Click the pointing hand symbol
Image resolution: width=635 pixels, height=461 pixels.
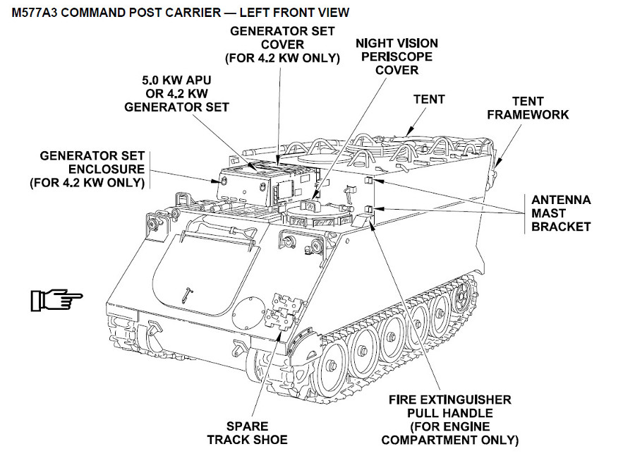coord(56,299)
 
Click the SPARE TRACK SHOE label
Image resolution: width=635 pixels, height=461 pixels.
coord(247,433)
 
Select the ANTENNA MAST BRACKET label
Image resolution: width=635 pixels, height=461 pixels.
coord(561,213)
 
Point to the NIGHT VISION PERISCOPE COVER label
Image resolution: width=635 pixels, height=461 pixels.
coord(397,56)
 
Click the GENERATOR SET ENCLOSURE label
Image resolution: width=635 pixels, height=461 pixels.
coord(87,169)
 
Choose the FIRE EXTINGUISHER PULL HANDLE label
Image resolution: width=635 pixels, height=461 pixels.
coord(449,419)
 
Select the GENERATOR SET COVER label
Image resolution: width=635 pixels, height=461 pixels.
coord(282,44)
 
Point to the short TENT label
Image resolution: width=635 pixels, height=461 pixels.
coord(429,99)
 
